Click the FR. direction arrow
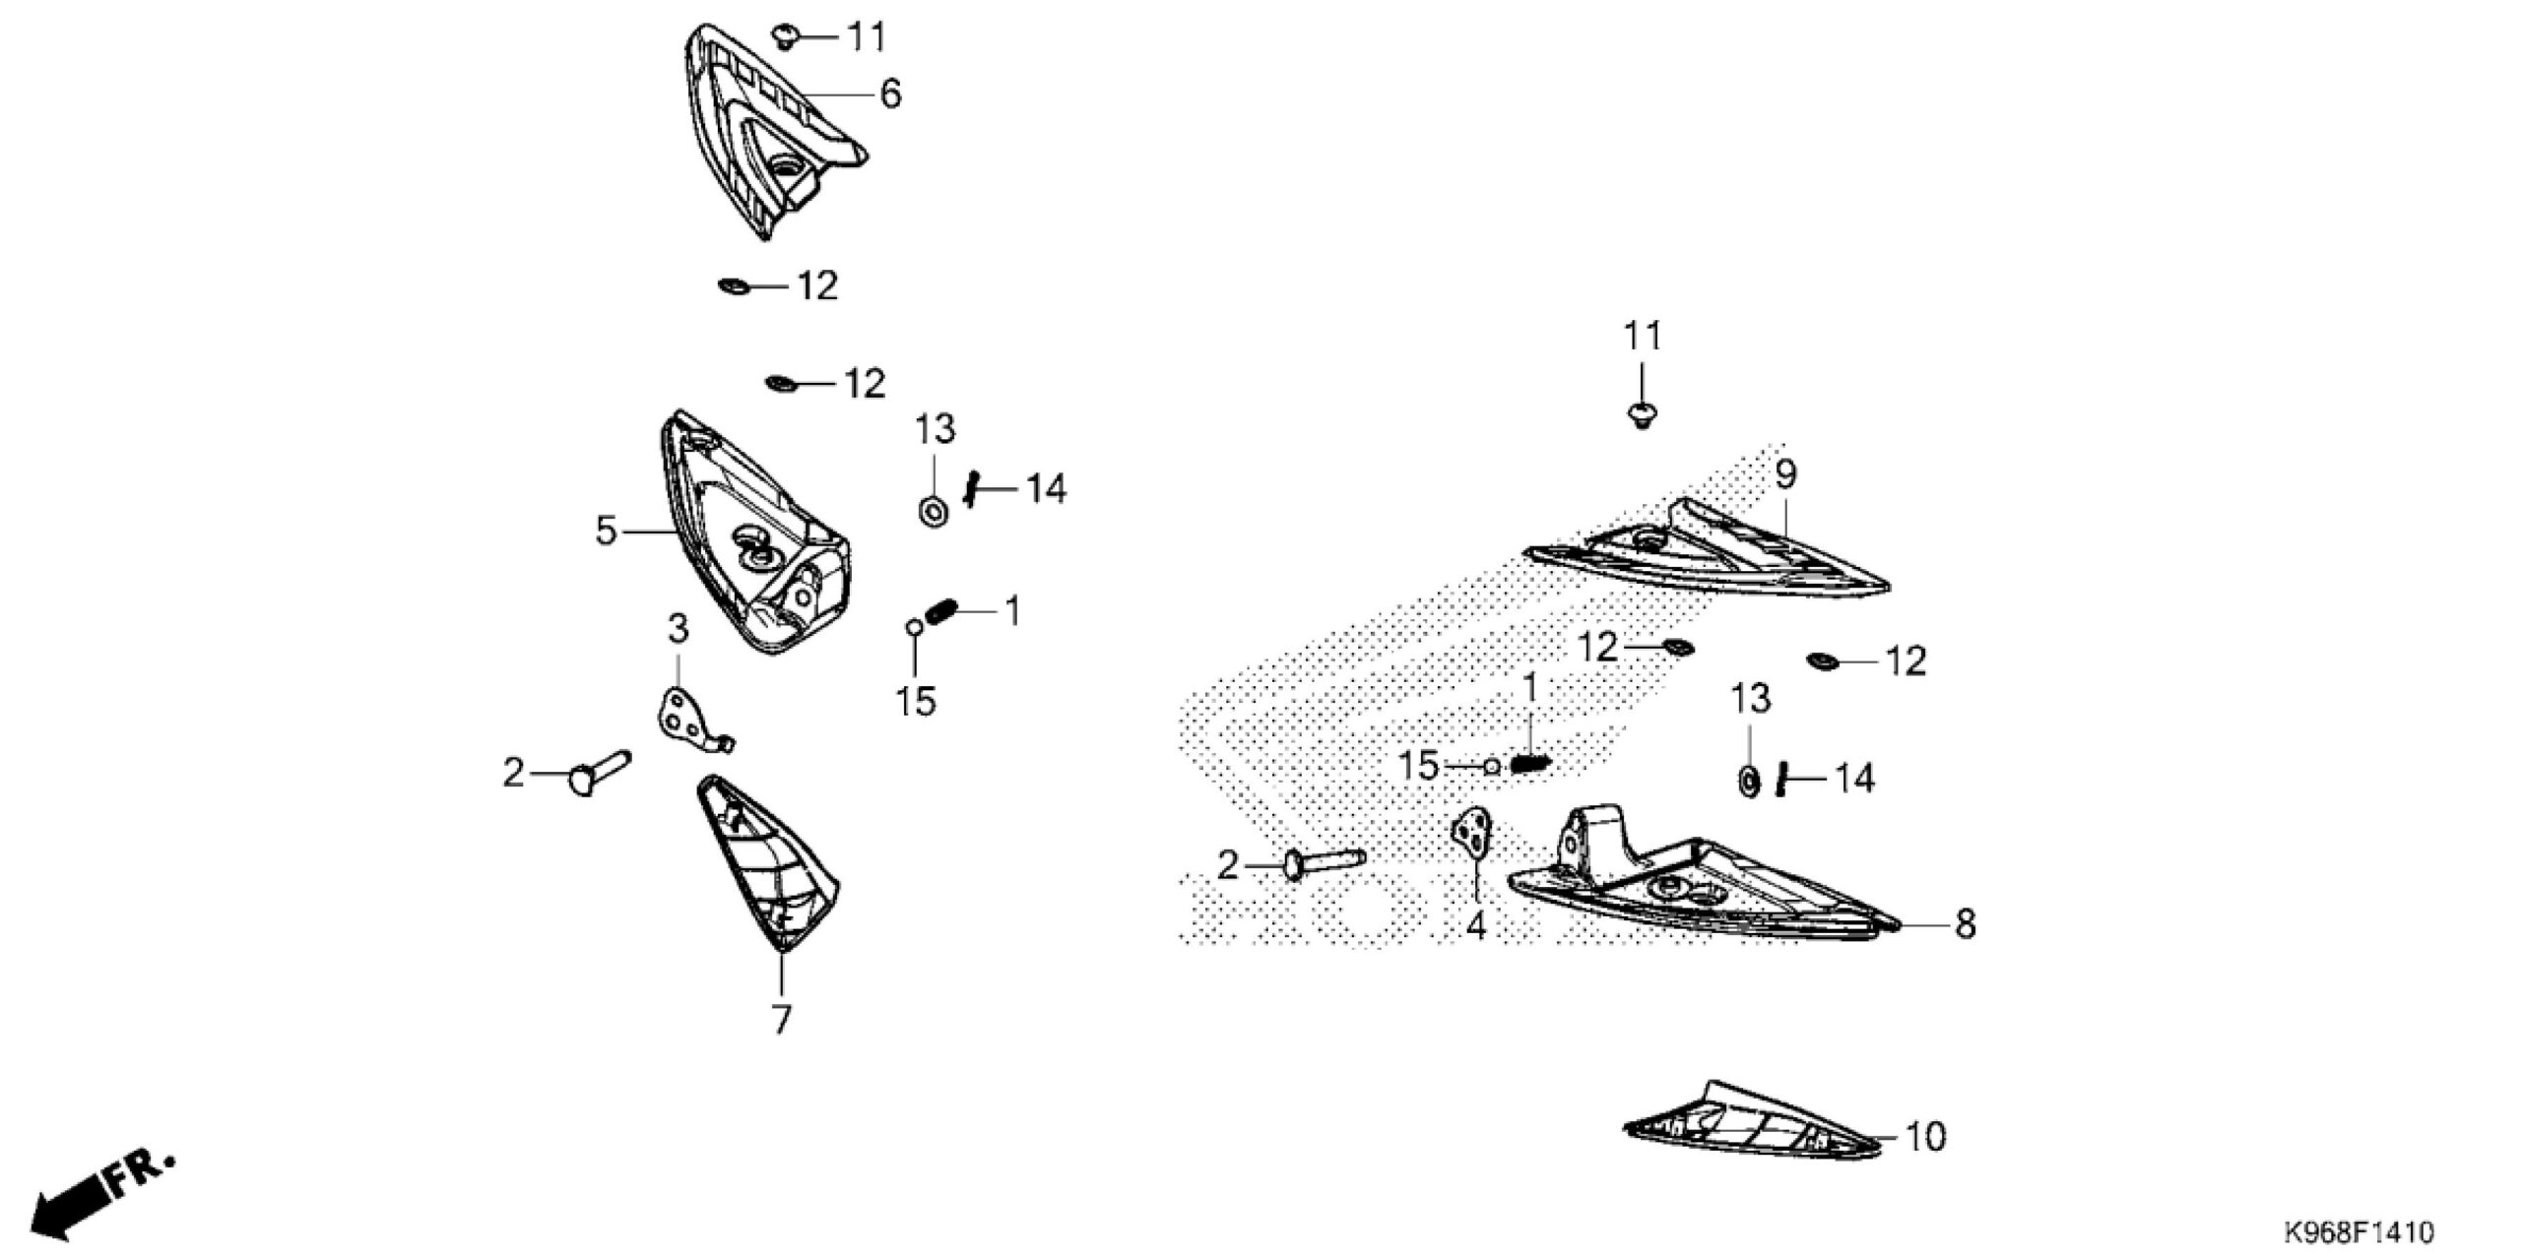pos(103,1194)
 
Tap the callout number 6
pos(890,94)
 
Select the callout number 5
pos(606,532)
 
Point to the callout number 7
pos(781,1021)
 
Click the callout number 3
pos(678,628)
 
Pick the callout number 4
pos(1475,925)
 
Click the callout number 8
pos(1965,924)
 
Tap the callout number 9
pos(1785,475)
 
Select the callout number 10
pos(1925,1137)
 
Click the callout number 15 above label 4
pos(1420,765)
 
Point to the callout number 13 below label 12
pos(1751,700)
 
